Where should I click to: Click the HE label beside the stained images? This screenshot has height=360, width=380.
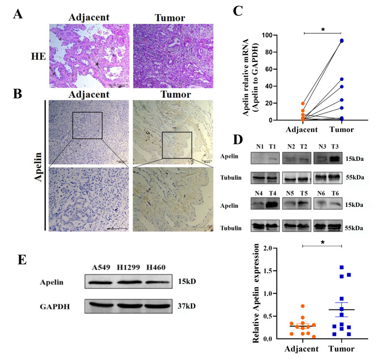[x=37, y=57]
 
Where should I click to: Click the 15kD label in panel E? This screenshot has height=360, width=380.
[x=187, y=283]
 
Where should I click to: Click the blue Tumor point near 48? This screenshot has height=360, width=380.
[x=341, y=79]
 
